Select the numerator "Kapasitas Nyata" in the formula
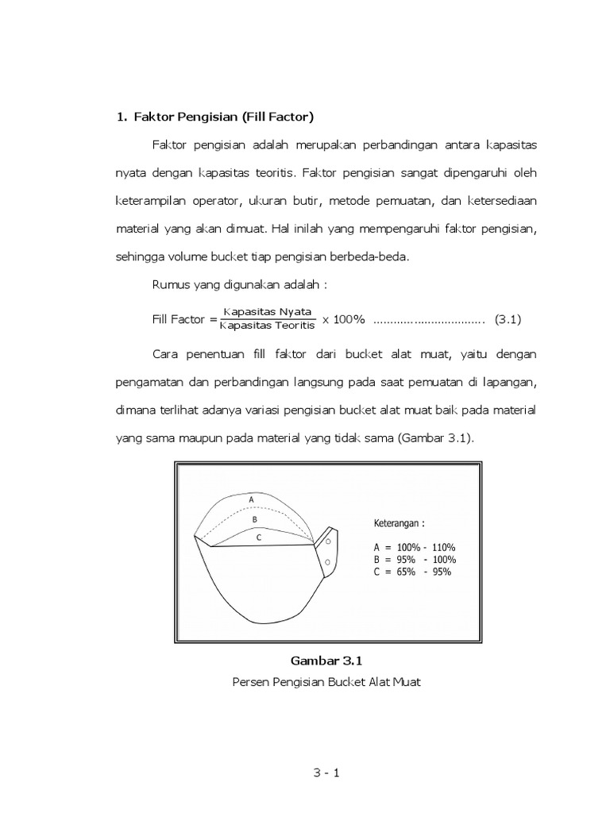[x=268, y=311]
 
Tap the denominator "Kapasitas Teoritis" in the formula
[x=268, y=325]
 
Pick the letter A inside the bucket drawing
[x=252, y=499]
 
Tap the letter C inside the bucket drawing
[x=258, y=538]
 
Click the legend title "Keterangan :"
[x=400, y=523]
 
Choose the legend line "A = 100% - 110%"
[x=414, y=547]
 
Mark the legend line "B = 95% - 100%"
[x=414, y=559]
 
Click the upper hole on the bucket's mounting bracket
[x=328, y=545]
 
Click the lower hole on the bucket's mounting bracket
[x=328, y=563]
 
